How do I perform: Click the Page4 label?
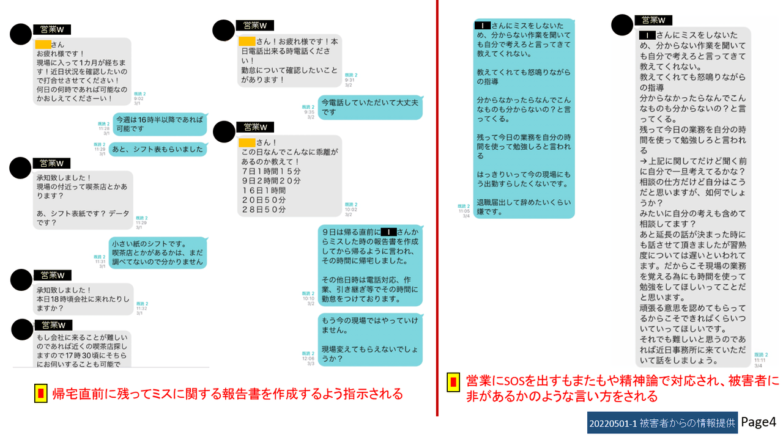pos(759,422)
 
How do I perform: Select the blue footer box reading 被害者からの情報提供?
pos(662,423)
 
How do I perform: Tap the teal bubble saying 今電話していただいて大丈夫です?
pos(369,107)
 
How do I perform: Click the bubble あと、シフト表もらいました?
pos(160,149)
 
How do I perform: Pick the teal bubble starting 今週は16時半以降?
pos(159,124)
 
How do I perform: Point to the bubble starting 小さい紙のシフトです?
pos(157,253)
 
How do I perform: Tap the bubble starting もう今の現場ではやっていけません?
pos(369,339)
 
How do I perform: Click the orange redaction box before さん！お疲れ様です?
pos(247,41)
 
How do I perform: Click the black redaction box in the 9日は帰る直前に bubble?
pos(388,232)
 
